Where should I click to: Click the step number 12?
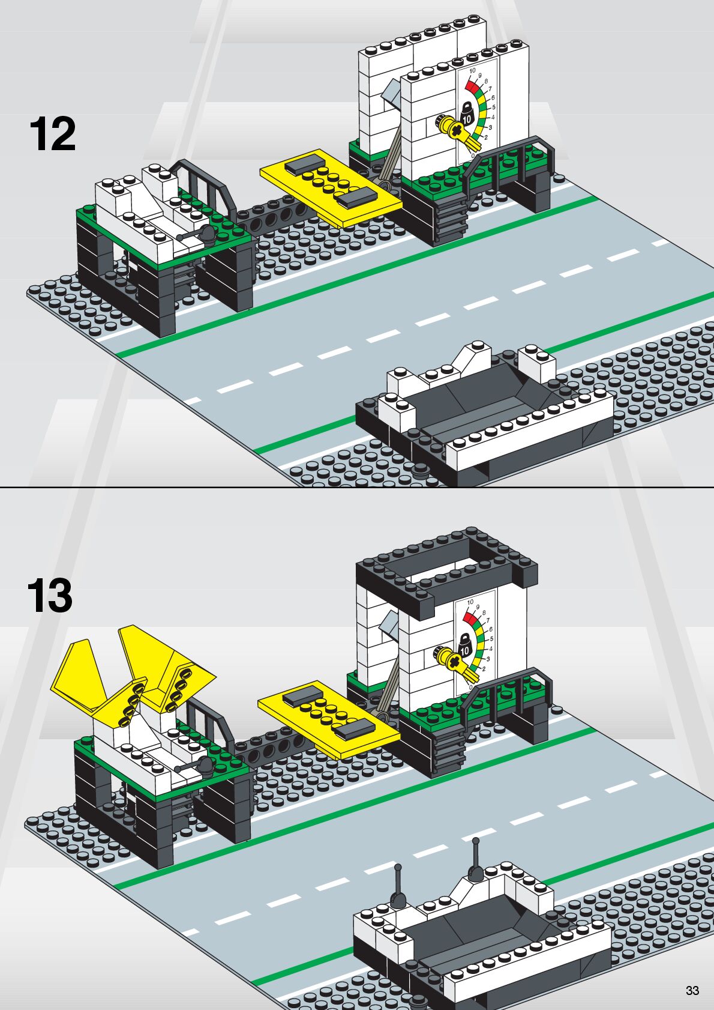click(x=53, y=135)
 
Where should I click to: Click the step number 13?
click(x=50, y=596)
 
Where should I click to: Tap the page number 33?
click(x=692, y=991)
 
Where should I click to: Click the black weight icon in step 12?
click(x=467, y=114)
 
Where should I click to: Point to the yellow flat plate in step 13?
click(x=328, y=717)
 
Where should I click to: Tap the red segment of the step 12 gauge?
click(x=472, y=85)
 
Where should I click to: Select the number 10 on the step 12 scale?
click(x=472, y=71)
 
